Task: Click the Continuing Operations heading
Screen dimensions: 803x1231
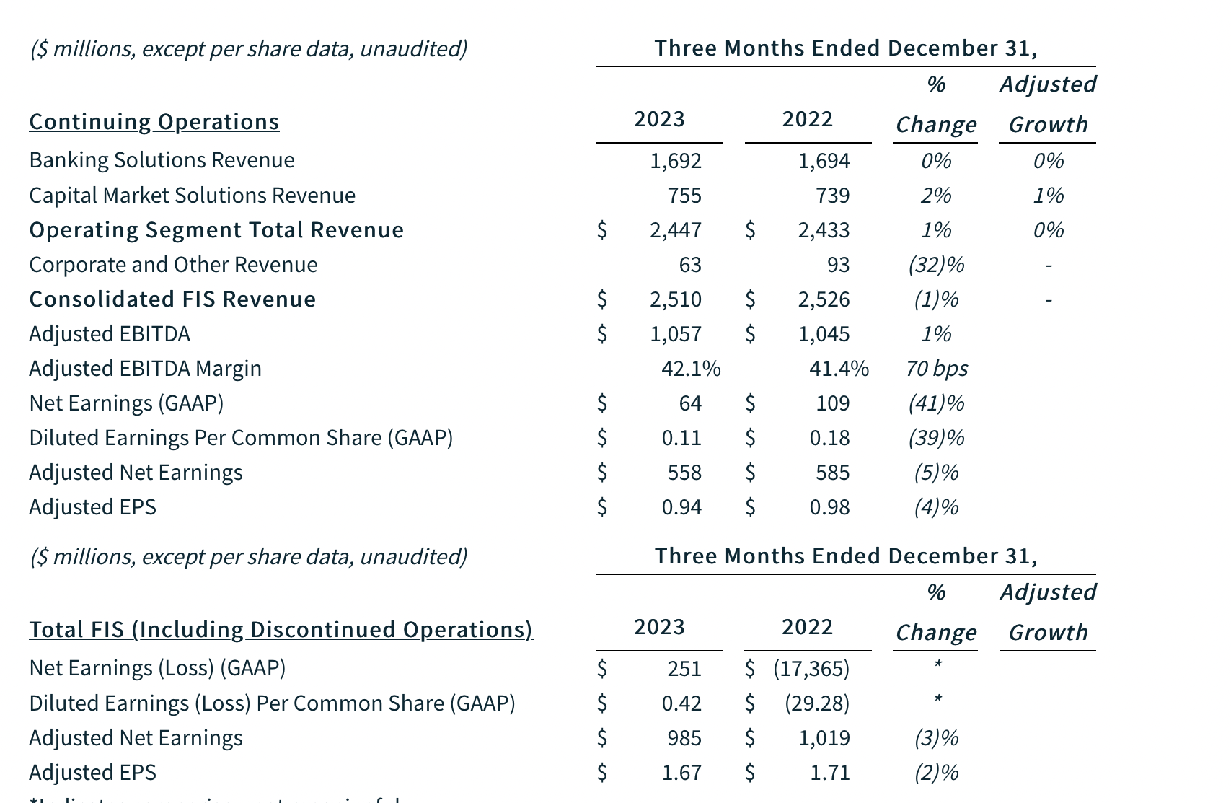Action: click(154, 122)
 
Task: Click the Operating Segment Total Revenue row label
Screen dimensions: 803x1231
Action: click(216, 230)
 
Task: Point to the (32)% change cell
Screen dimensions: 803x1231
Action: click(935, 265)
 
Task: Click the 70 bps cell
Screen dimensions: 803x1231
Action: click(936, 369)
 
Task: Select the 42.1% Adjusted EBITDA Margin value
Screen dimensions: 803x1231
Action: click(690, 369)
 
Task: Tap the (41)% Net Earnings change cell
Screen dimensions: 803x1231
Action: click(935, 403)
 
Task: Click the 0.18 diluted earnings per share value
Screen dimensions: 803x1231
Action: click(829, 438)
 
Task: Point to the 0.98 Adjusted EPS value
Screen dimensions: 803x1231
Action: click(829, 507)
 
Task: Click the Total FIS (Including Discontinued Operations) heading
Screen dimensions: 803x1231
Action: click(281, 630)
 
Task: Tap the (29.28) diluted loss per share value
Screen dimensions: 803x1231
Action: click(816, 703)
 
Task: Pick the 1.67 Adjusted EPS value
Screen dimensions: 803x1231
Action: click(681, 773)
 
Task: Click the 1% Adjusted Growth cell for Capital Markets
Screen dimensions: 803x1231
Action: click(1048, 196)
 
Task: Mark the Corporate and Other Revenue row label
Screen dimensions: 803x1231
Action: click(173, 265)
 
